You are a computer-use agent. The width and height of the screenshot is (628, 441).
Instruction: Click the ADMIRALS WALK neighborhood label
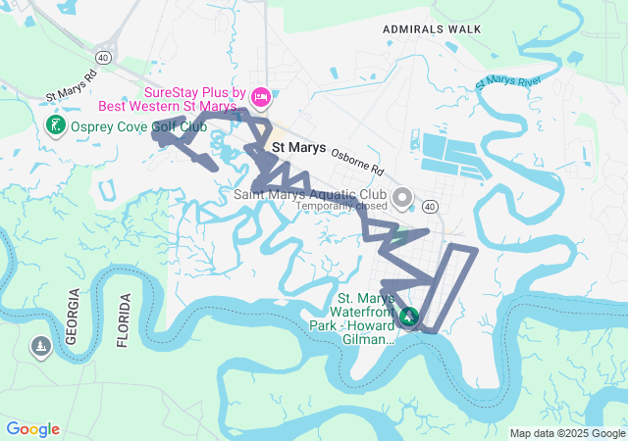(432, 29)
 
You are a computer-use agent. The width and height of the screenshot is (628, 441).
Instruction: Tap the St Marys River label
(508, 81)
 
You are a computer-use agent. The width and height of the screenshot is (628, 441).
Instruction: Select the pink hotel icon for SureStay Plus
(260, 96)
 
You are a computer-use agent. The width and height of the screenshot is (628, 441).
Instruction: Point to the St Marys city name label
(298, 148)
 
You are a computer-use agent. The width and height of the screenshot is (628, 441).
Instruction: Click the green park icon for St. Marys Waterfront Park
(409, 317)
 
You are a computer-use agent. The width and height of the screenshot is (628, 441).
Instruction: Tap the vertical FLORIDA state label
(123, 319)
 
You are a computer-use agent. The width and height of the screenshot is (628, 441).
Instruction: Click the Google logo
(32, 429)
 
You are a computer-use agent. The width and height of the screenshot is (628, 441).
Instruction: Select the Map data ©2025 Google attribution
(567, 433)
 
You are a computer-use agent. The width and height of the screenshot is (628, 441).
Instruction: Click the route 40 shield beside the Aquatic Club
(430, 206)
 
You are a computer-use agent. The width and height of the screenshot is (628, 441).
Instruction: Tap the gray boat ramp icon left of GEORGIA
(40, 346)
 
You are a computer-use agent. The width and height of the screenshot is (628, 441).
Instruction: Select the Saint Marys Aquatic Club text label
(312, 194)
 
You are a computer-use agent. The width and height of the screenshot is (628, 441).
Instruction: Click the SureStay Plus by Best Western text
(192, 98)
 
